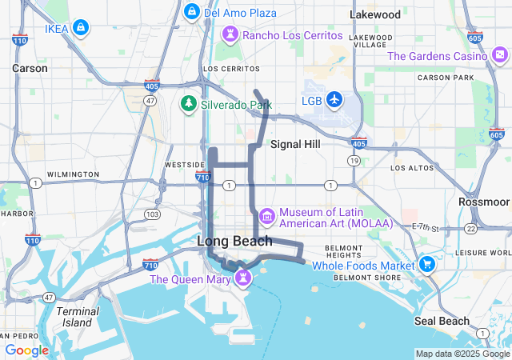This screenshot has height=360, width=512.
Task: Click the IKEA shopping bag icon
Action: click(80, 29)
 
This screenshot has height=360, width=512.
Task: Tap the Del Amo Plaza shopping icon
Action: click(191, 12)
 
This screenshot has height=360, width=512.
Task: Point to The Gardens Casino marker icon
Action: click(500, 55)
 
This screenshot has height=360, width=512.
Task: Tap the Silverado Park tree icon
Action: click(188, 104)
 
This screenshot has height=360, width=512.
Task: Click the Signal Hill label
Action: click(295, 144)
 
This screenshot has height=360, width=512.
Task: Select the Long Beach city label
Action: click(234, 241)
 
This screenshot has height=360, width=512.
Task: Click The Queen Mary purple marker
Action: click(241, 278)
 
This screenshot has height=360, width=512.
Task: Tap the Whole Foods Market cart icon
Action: click(427, 265)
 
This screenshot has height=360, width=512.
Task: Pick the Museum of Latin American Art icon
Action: click(266, 215)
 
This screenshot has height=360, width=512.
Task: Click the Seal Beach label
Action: click(442, 321)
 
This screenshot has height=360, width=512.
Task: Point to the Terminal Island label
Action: click(78, 317)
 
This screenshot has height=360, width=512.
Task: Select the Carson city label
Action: click(30, 69)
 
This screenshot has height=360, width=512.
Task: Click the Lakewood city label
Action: click(375, 14)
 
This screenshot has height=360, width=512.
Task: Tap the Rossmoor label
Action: click(484, 202)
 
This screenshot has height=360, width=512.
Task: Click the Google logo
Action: click(26, 350)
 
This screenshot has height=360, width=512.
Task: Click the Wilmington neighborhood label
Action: click(72, 174)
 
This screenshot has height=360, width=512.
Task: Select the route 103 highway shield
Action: click(152, 214)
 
